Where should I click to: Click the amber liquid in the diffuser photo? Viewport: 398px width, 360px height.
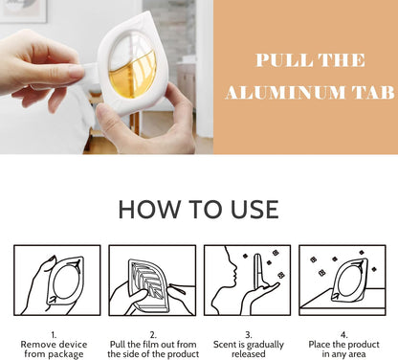click(x=132, y=78)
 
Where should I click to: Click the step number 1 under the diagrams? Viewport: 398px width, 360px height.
click(x=54, y=335)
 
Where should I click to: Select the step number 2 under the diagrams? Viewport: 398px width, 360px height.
click(x=153, y=335)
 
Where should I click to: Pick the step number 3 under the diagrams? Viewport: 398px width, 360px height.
click(x=249, y=335)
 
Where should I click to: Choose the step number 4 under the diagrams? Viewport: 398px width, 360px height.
click(x=343, y=335)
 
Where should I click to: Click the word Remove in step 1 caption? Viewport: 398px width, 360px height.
click(x=36, y=345)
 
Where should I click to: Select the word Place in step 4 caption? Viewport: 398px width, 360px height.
click(x=320, y=345)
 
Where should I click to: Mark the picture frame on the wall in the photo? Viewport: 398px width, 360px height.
click(x=24, y=11)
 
